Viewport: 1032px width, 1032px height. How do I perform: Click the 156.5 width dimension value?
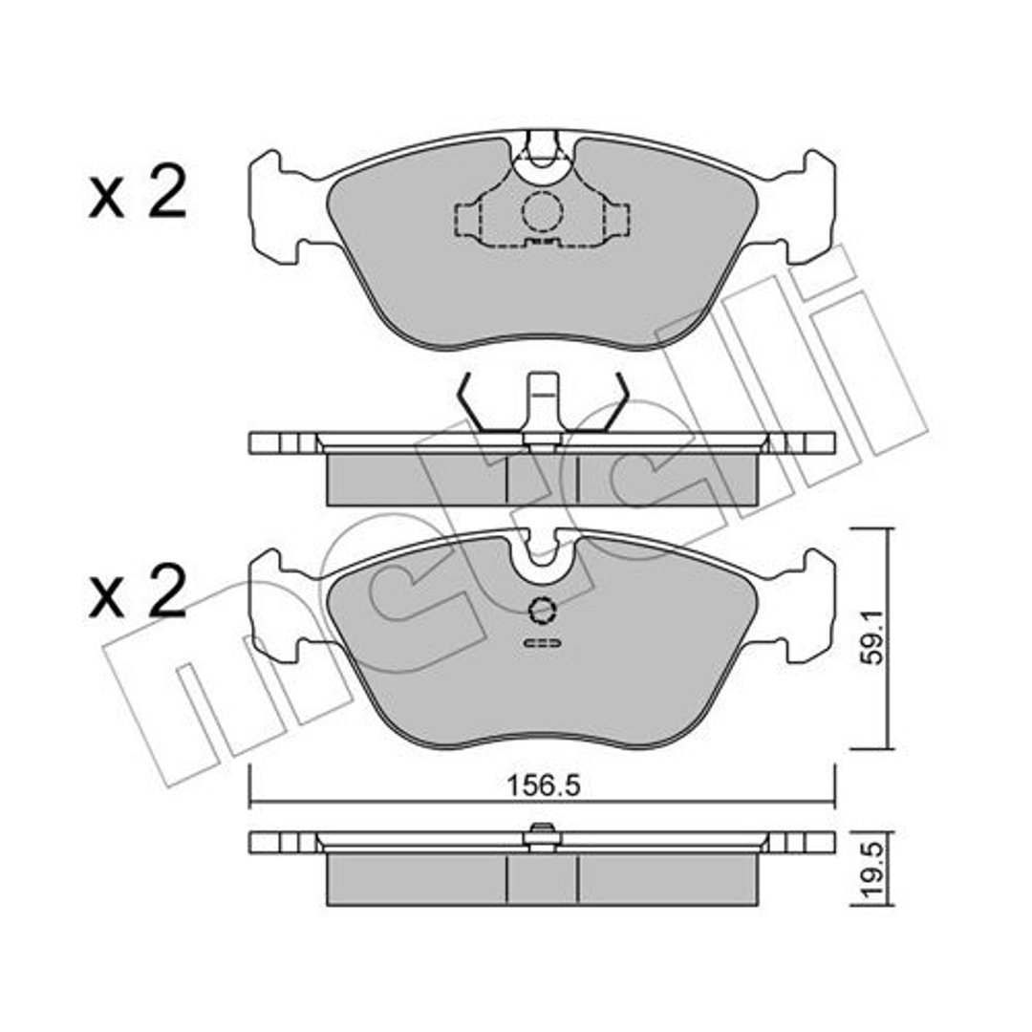coord(543,785)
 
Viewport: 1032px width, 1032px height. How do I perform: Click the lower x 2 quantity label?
coord(138,591)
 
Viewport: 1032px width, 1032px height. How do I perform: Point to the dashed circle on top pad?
coord(543,211)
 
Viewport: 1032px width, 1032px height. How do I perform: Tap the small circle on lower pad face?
coord(543,611)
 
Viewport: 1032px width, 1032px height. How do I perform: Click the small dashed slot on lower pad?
coord(543,642)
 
